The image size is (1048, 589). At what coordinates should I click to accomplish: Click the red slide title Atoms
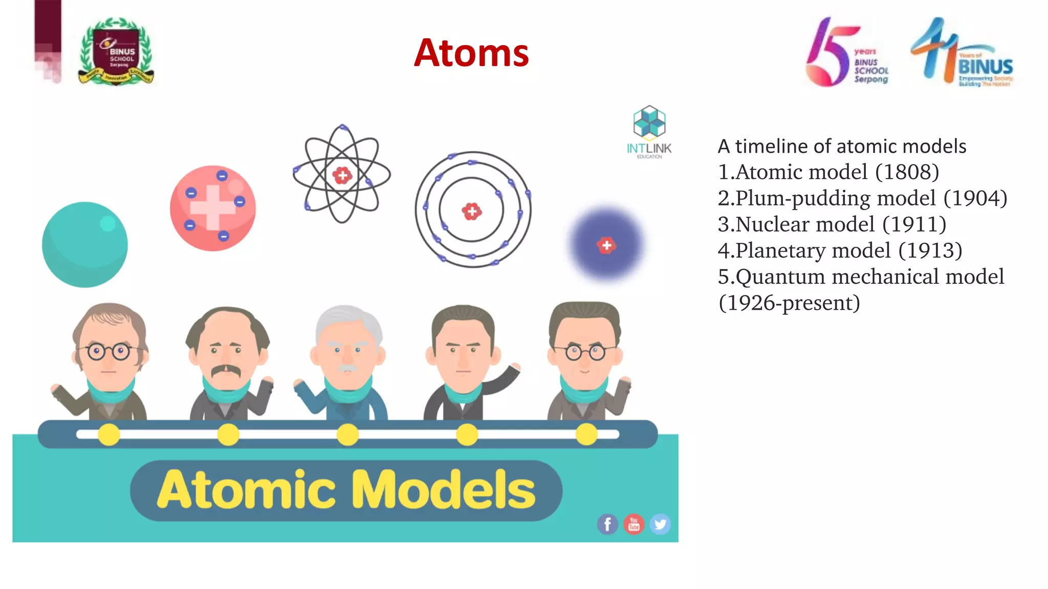coord(471,53)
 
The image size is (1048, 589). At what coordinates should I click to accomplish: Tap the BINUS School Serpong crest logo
coord(116,51)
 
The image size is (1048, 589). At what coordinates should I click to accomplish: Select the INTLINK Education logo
coord(649,132)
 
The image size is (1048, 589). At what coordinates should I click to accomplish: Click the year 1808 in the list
coord(907,172)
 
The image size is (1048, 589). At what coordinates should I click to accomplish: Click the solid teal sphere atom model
coord(85,244)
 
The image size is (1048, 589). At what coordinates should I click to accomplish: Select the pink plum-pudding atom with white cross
coord(213,208)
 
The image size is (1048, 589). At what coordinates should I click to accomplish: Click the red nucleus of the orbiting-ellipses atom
coord(342,175)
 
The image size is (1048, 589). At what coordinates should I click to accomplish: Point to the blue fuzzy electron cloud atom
coord(606,244)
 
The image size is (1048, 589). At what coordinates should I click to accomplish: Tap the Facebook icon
coord(607,524)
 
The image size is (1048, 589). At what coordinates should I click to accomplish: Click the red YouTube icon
coord(634,524)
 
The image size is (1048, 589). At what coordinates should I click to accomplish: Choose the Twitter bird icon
coord(660,524)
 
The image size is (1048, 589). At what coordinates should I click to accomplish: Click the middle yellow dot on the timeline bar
coord(348,435)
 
